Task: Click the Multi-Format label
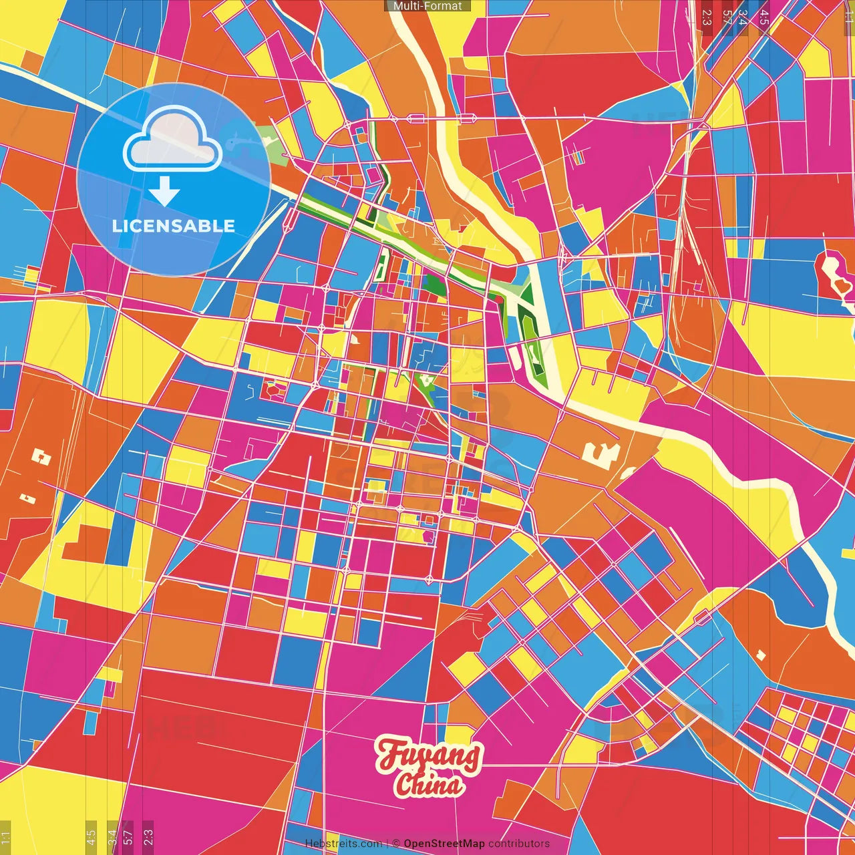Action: (427, 6)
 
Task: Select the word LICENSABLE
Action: (174, 226)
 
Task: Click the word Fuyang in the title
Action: (428, 755)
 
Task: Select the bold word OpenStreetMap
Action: (444, 844)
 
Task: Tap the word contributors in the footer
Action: (519, 844)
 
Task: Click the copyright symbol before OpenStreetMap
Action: (396, 844)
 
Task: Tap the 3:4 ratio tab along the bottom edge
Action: (112, 836)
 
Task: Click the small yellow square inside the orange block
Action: (760, 655)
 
